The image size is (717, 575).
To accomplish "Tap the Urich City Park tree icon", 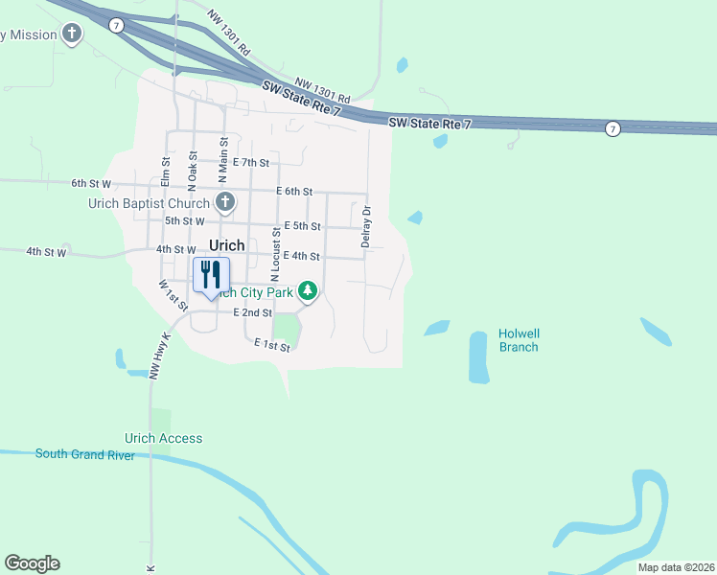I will pyautogui.click(x=307, y=290).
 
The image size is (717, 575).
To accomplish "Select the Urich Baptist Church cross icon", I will pyautogui.click(x=225, y=201).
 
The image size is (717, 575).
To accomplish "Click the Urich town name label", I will pyautogui.click(x=226, y=245).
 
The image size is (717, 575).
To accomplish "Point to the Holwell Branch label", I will pyautogui.click(x=519, y=340).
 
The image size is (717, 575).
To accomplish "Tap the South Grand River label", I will pyautogui.click(x=85, y=454).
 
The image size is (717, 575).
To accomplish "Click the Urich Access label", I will pyautogui.click(x=164, y=438).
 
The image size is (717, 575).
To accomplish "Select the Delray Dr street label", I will pyautogui.click(x=366, y=226).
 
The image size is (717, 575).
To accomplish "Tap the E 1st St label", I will pyautogui.click(x=271, y=346).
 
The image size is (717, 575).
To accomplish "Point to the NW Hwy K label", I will pyautogui.click(x=159, y=356).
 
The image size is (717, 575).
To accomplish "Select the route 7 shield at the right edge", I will pyautogui.click(x=613, y=128).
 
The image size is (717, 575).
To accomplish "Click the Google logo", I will pyautogui.click(x=32, y=563).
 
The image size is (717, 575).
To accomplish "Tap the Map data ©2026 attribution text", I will pyautogui.click(x=676, y=567).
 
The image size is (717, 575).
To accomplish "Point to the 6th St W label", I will pyautogui.click(x=91, y=182).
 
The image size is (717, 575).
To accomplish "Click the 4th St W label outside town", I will pyautogui.click(x=46, y=252).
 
